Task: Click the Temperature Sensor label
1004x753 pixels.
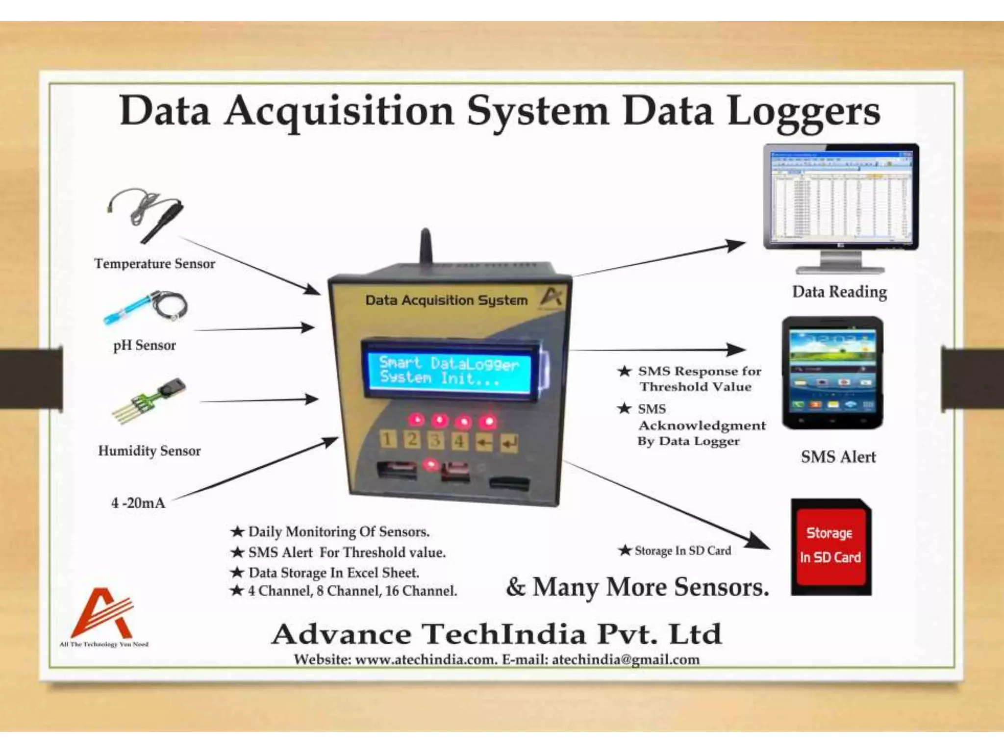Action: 155,264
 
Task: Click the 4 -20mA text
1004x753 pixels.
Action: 138,503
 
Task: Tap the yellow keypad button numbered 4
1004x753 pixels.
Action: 459,440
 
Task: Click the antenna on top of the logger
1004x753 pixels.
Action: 426,248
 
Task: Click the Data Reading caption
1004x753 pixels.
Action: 839,292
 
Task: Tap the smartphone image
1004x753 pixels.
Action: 832,373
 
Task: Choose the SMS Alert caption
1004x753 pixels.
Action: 838,457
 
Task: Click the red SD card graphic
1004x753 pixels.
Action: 831,547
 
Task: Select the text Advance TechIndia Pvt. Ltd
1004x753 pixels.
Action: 496,634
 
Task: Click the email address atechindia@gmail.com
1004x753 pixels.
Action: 626,660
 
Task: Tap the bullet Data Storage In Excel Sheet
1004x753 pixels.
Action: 333,573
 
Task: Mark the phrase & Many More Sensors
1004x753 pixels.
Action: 637,587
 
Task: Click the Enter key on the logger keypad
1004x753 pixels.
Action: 509,443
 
